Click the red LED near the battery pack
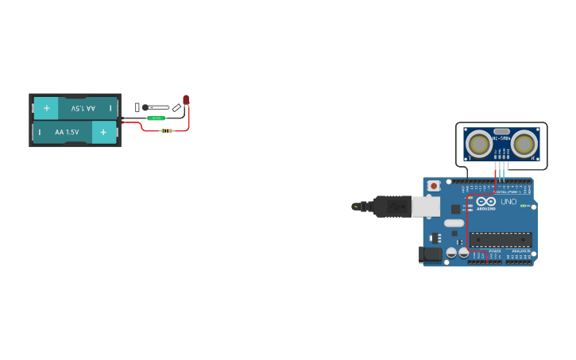pos(186,99)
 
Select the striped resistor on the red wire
pos(167,130)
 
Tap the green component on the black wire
pos(157,118)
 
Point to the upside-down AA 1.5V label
pos(83,108)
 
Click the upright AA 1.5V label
pos(67,132)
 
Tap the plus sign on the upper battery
pos(46,108)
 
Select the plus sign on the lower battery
pos(103,132)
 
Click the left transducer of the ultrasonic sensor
pos(478,144)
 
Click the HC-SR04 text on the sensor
pos(501,139)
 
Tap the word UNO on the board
pos(508,202)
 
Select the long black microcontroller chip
pos(501,238)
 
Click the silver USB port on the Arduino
pos(426,207)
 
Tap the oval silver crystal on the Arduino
pos(454,223)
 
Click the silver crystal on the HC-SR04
pos(501,131)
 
